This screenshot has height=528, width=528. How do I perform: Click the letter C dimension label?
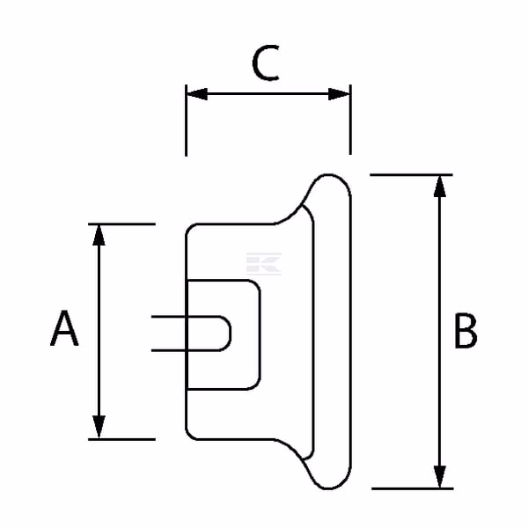click(266, 63)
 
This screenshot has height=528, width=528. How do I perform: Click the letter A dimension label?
click(64, 328)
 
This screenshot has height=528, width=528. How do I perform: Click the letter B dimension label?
click(466, 330)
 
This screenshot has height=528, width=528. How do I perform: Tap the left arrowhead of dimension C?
click(197, 94)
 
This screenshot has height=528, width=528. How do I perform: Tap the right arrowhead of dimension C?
click(340, 94)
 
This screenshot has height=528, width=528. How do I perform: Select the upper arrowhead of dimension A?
click(99, 235)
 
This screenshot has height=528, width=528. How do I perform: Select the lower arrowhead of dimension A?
click(99, 427)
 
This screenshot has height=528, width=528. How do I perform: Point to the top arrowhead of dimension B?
click(440, 187)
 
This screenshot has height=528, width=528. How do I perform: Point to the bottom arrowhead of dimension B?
click(440, 476)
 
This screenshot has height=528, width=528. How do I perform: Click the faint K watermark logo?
click(264, 264)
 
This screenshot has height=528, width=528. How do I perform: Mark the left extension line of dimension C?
click(186, 121)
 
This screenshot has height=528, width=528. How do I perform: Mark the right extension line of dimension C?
click(350, 120)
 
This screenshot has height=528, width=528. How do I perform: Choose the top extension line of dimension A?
click(121, 224)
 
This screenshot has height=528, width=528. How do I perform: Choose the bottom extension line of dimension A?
click(121, 439)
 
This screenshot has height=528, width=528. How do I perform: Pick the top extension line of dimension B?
click(411, 175)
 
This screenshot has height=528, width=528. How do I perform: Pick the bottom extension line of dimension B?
click(413, 488)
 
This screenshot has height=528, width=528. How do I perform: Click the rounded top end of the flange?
click(328, 175)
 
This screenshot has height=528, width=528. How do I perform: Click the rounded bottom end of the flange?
click(328, 488)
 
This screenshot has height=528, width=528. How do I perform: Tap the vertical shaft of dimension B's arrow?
click(440, 332)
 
